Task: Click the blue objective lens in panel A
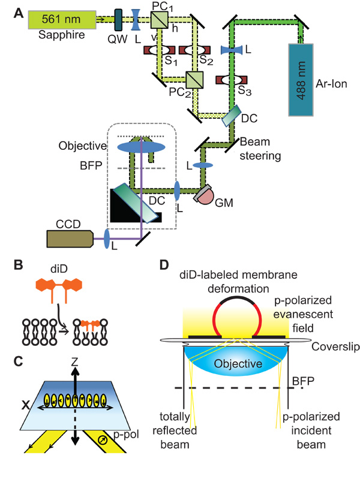click(140, 146)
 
